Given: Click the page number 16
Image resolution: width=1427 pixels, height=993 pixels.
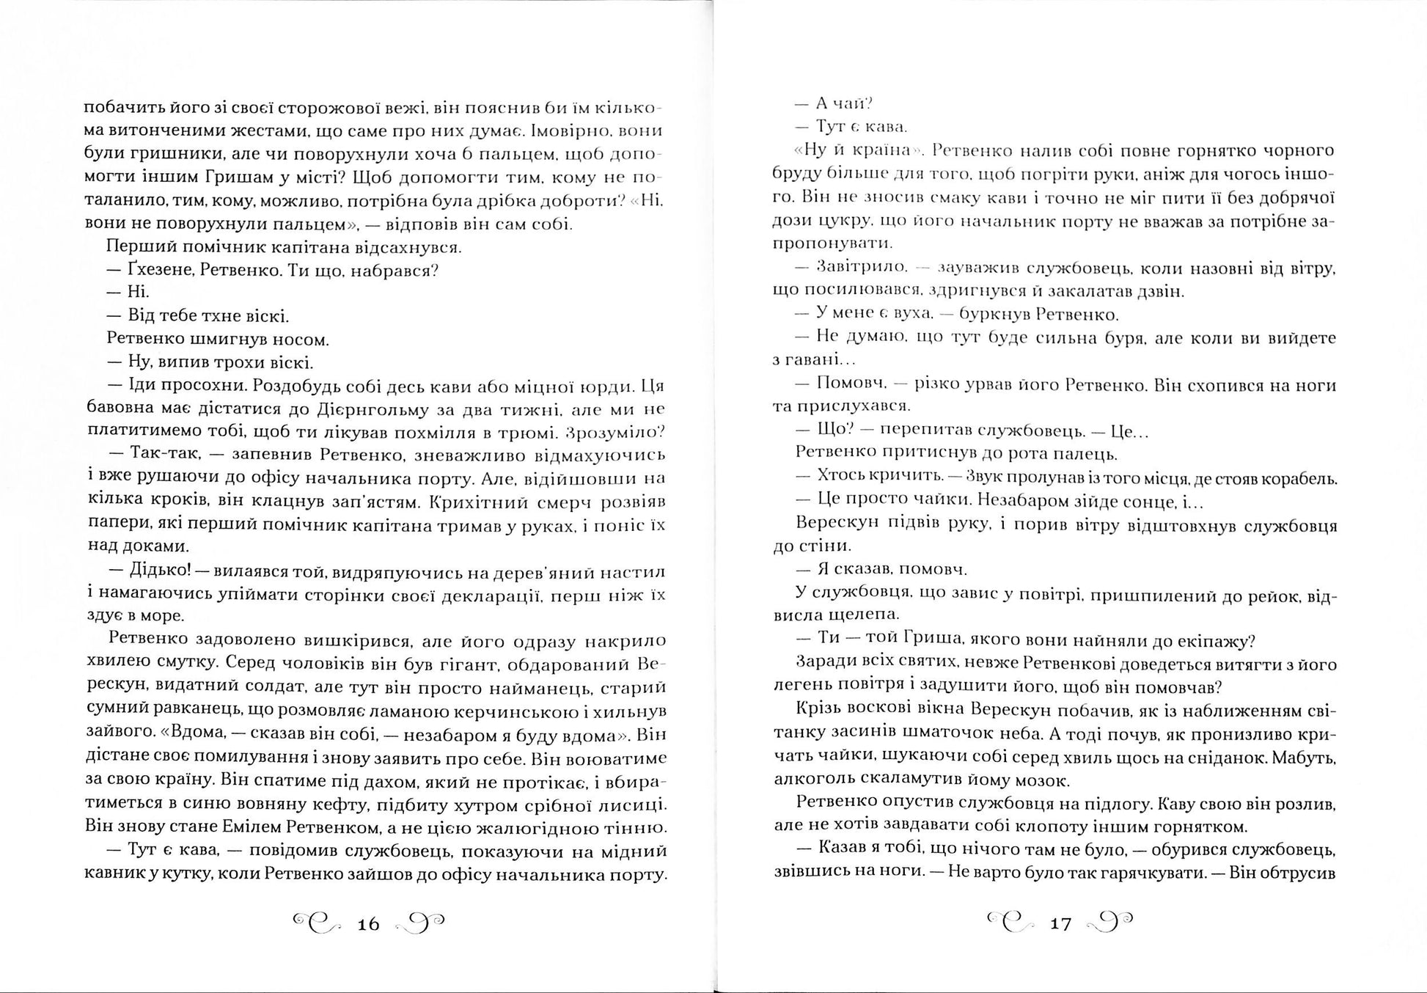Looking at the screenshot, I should (x=368, y=924).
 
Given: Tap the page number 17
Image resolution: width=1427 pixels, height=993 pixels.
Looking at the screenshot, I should (x=1061, y=923).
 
